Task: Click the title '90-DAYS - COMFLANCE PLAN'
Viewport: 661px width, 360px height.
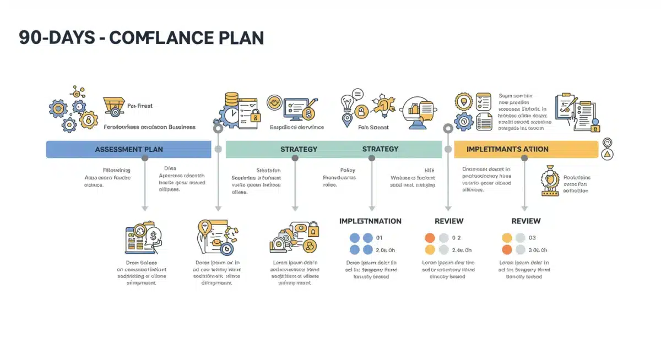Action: pos(141,38)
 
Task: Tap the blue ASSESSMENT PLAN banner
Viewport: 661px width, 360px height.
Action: pos(128,149)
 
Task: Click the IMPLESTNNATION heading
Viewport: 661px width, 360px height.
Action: pos(370,221)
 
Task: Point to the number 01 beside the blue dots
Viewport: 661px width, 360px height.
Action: pos(379,238)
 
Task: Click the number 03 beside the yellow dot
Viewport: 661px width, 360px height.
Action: pos(532,238)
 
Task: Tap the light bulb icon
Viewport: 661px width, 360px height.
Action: pos(347,103)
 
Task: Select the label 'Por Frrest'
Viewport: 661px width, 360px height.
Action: pos(140,106)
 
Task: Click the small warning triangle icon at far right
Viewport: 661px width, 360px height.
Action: pos(608,155)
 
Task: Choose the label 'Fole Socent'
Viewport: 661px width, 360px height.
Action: pos(373,127)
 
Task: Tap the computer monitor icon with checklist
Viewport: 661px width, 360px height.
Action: pos(297,108)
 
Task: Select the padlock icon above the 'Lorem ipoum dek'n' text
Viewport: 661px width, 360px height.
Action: pos(313,227)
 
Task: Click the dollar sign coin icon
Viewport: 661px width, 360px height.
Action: pos(154,234)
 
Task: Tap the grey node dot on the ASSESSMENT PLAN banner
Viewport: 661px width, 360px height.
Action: pos(145,158)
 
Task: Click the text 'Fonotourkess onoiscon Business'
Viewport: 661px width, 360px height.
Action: pos(149,127)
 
